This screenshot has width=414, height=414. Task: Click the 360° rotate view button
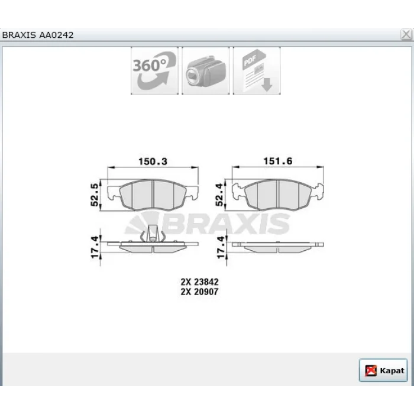(x=154, y=70)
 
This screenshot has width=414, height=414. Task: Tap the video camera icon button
(x=205, y=70)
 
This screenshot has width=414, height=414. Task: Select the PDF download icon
(x=257, y=70)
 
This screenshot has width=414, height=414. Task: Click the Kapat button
(x=383, y=370)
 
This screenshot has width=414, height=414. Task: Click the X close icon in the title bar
(x=406, y=34)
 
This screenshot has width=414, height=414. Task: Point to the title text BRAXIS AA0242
(x=38, y=35)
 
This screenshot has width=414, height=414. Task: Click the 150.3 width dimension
(x=153, y=161)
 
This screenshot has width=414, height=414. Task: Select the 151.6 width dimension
(x=278, y=161)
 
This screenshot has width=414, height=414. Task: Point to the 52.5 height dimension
(x=94, y=195)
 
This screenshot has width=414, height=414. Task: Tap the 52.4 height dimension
(x=219, y=195)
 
